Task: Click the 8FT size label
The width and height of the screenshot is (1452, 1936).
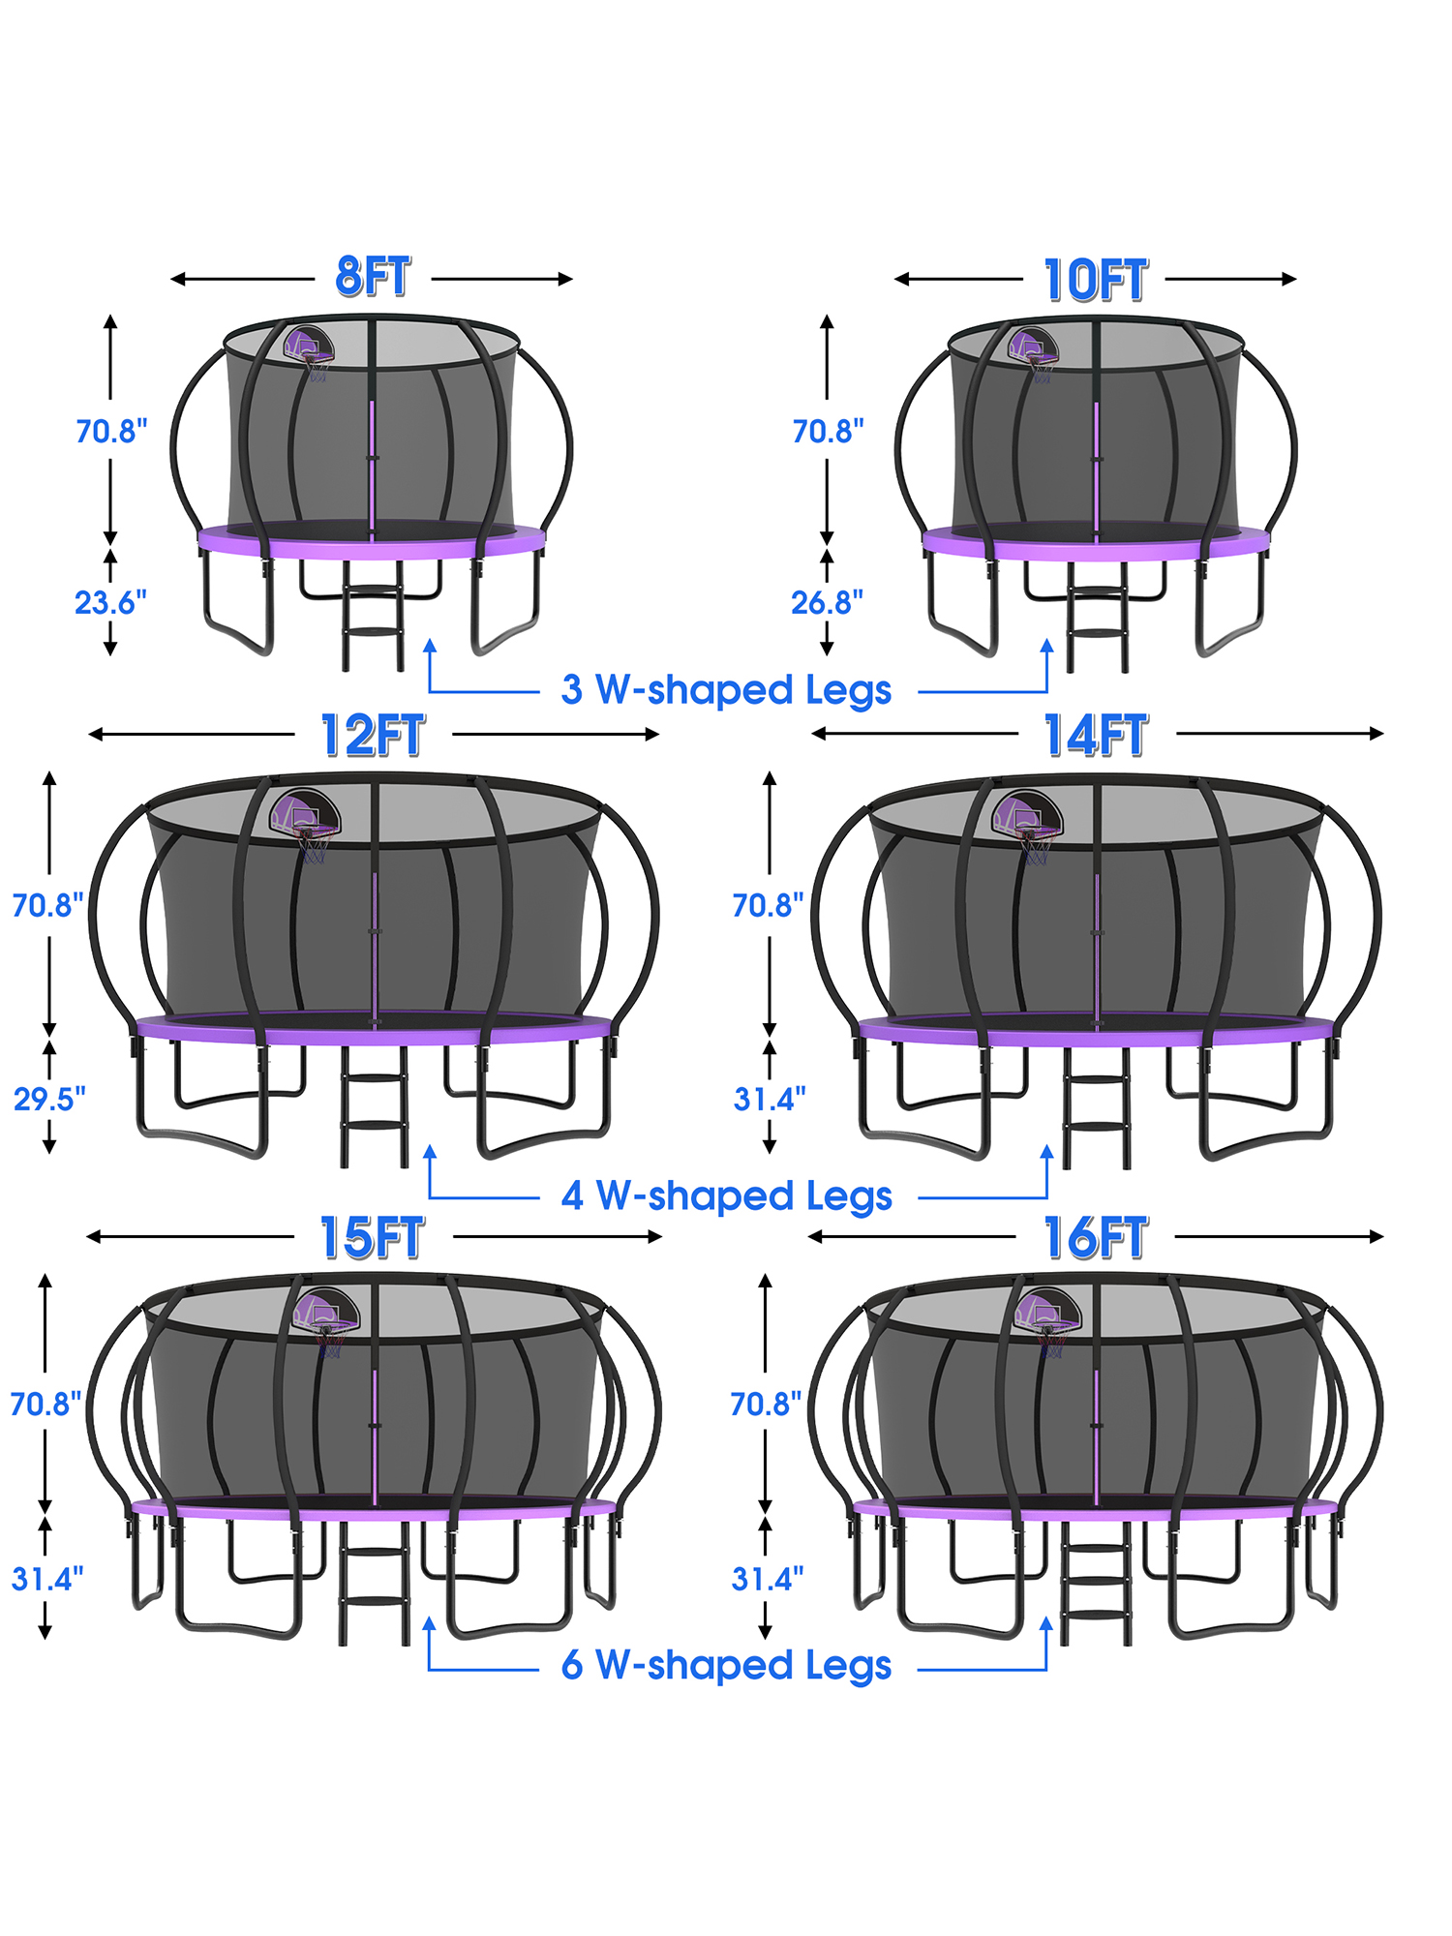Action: click(x=373, y=277)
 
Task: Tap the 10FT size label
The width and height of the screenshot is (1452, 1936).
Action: click(x=1096, y=281)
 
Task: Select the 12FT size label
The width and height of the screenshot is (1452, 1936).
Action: click(x=373, y=736)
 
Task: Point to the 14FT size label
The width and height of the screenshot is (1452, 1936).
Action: click(x=1096, y=736)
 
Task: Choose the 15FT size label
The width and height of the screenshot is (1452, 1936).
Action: click(x=373, y=1238)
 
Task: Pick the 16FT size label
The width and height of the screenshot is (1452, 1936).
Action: click(x=1096, y=1238)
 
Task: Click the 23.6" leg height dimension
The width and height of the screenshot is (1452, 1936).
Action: click(x=110, y=602)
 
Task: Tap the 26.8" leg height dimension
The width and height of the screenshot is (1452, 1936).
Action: click(x=827, y=602)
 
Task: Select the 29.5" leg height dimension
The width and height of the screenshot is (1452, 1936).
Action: click(x=49, y=1099)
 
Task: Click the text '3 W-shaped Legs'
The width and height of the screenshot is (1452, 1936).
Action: click(x=726, y=690)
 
